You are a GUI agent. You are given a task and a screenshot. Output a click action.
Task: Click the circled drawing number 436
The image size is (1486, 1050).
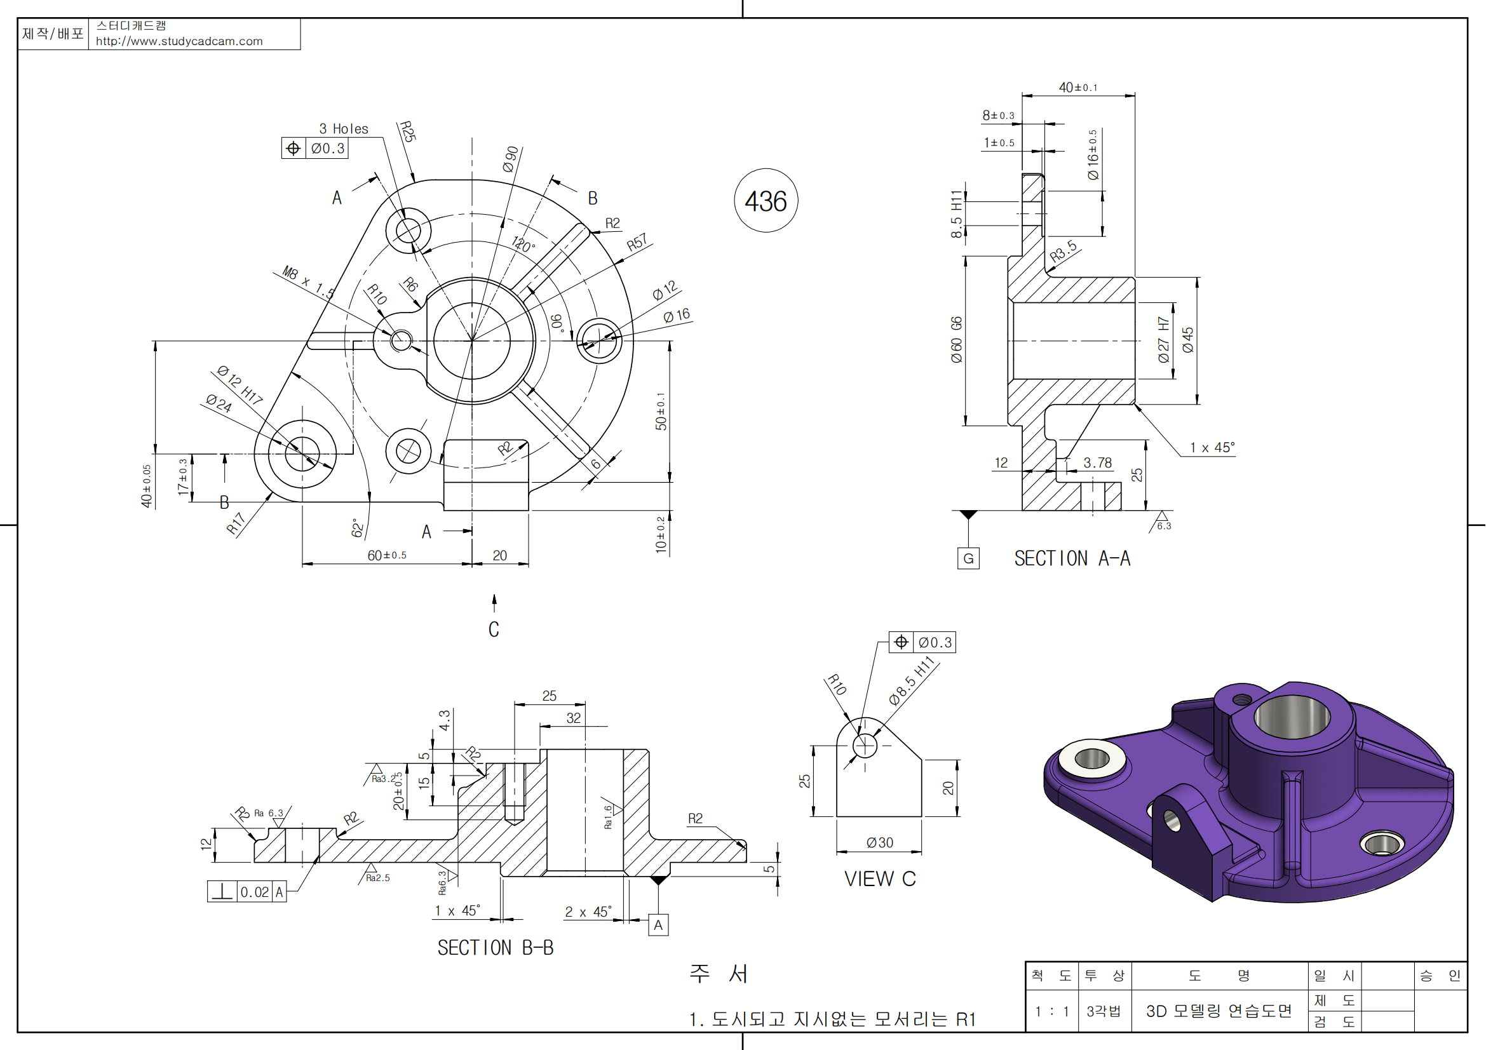[x=766, y=201]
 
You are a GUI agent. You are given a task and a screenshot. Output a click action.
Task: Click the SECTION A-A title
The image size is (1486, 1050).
[x=1072, y=558]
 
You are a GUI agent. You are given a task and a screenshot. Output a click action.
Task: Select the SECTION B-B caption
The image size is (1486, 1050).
[x=495, y=948]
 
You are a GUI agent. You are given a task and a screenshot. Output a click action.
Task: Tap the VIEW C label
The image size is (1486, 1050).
[x=879, y=878]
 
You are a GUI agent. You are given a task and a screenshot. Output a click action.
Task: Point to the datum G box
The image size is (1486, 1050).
[x=968, y=558]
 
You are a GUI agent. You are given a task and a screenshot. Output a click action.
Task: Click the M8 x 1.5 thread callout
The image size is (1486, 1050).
[x=309, y=283]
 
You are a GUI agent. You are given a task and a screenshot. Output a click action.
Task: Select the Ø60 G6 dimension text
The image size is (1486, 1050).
[x=957, y=340]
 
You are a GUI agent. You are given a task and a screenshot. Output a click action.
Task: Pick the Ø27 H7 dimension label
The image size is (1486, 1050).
[x=1164, y=339]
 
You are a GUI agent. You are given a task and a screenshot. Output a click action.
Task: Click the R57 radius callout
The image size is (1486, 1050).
[x=637, y=243]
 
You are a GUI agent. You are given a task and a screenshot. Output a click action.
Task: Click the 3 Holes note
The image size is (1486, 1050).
[x=344, y=129]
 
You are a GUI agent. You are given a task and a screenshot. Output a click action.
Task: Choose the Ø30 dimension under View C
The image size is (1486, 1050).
[x=879, y=842]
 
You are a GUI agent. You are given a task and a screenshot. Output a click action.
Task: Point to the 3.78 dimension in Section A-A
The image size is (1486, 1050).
[x=1098, y=462]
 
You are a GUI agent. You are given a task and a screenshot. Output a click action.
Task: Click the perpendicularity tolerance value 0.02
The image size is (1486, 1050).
[x=254, y=892]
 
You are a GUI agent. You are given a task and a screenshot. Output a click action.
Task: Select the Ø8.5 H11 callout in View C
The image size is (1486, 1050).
[x=912, y=680]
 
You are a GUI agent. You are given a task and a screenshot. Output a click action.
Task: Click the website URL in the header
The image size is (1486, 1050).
[x=179, y=41]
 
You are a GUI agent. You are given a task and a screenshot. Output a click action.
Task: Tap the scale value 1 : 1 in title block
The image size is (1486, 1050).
[x=1051, y=1011]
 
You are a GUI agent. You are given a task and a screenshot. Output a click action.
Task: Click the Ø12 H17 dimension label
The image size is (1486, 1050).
[x=240, y=384]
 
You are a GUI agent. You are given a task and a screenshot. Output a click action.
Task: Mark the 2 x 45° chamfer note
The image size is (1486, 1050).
[x=588, y=912]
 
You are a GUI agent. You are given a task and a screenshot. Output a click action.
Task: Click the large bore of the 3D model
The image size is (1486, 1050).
[x=1292, y=717]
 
